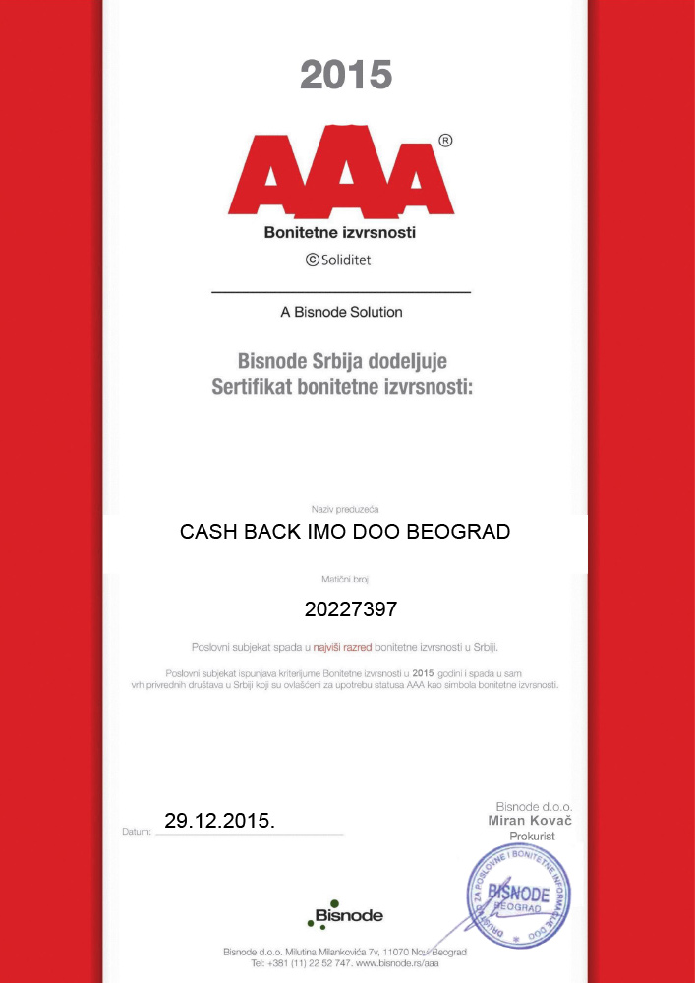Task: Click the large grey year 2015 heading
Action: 346,75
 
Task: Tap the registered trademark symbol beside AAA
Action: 445,141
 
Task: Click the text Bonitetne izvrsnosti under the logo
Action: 340,233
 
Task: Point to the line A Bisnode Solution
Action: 341,312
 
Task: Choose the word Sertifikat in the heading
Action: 257,387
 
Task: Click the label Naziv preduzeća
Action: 345,509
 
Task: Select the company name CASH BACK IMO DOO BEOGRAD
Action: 345,532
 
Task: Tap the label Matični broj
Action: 345,581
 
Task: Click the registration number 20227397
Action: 350,609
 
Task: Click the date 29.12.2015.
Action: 219,820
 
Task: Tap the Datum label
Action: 136,832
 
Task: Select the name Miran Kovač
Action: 530,820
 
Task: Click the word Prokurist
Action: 532,836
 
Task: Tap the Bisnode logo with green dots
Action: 345,915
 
